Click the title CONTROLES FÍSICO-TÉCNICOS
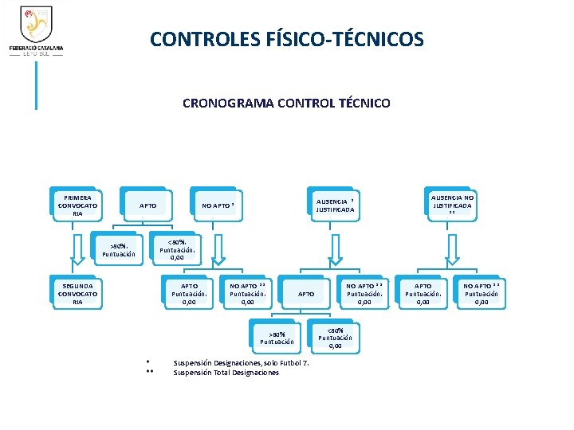coord(287,39)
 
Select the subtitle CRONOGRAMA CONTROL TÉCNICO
coord(286,104)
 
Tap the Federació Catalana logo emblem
coord(36,25)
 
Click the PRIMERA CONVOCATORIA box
coord(77,205)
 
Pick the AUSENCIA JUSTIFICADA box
coord(335,205)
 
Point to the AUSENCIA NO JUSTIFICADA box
coord(452,205)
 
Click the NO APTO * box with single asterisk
coord(218,206)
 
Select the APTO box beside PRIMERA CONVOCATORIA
coord(148,206)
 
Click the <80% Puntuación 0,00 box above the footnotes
coord(335,338)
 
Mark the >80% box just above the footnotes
coord(277,338)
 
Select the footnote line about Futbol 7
coord(241,364)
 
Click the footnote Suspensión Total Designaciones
coord(226,373)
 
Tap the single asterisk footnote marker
coord(148,364)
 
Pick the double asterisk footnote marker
coord(149,373)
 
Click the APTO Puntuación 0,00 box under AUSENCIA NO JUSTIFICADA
coord(423,294)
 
